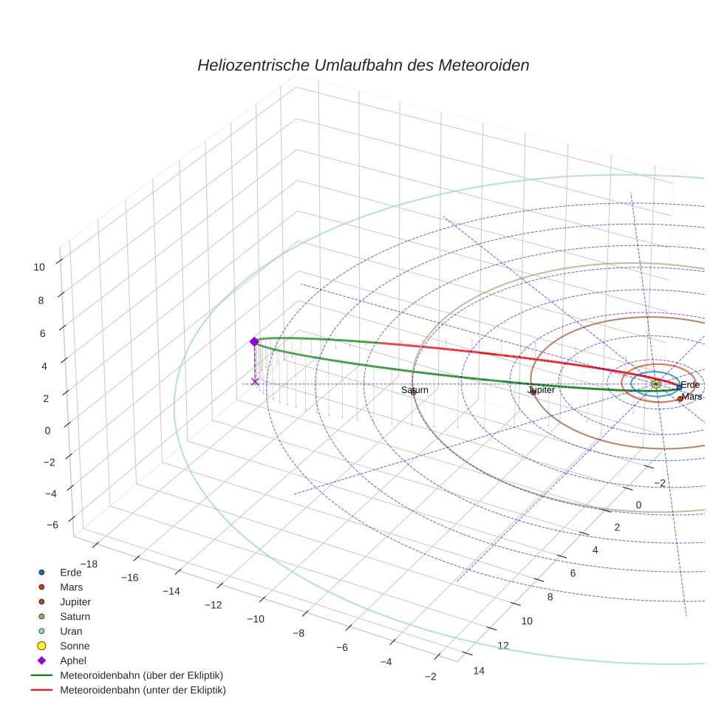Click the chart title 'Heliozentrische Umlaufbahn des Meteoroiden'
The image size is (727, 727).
(363, 65)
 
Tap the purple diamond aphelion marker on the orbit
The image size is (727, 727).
(254, 341)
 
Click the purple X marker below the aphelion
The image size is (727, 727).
(255, 381)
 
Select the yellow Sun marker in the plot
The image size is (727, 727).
(655, 384)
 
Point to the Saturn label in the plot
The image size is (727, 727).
(414, 389)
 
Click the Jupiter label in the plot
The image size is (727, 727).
(541, 389)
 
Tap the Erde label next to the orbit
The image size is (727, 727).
(690, 385)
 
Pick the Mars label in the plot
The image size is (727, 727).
(692, 397)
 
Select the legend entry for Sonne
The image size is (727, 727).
(75, 646)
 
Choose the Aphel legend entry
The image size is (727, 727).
(73, 661)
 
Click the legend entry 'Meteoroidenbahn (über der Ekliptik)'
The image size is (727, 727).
(141, 675)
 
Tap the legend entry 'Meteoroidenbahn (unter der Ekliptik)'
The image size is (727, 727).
(143, 690)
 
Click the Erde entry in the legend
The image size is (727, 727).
(71, 572)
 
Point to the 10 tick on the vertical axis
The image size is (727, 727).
(39, 267)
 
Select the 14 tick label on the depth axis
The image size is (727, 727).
(478, 670)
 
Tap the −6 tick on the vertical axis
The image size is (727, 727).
(52, 525)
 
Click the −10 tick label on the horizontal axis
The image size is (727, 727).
(256, 618)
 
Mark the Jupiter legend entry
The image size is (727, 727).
(75, 601)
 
